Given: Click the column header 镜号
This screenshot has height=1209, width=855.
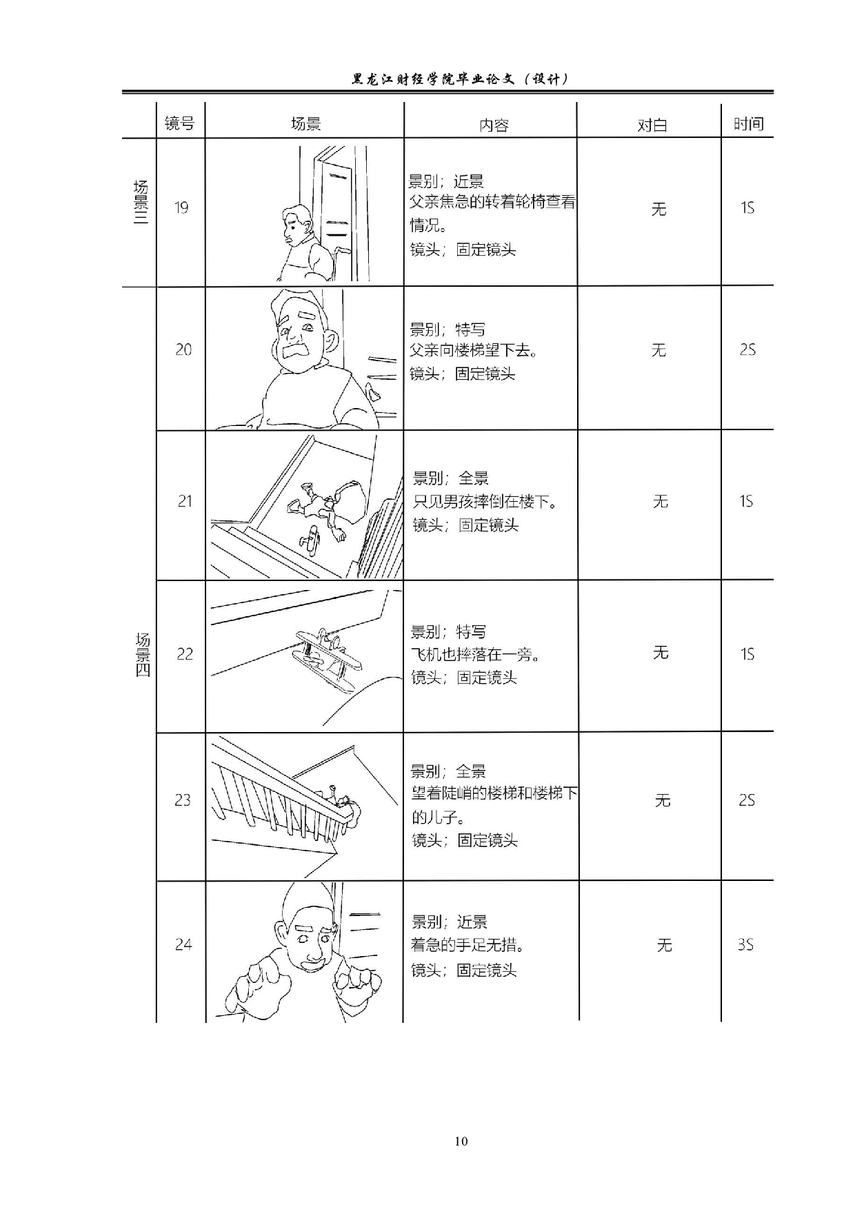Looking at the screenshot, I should pos(179,123).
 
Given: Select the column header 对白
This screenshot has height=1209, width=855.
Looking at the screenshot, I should pos(652,125).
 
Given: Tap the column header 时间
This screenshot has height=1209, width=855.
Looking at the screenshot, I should pos(748,123).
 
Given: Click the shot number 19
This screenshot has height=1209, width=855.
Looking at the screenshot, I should pos(181,207).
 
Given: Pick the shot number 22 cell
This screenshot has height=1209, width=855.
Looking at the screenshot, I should pos(184,653).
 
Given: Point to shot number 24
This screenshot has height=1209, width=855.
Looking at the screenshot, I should pos(183,944).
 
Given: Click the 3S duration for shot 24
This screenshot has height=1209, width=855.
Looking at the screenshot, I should pos(745,944).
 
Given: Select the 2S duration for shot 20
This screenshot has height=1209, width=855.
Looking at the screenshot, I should pos(747,349).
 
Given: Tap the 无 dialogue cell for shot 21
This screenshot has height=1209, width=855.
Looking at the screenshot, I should pos(660,501).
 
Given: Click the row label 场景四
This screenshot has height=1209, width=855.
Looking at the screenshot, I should pos(142,653).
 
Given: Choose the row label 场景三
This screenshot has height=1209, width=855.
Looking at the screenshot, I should pos(141,203).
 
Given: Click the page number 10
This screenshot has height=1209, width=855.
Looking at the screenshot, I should pos(461,1141).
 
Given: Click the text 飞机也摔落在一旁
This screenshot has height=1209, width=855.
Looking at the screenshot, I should pos(476,654).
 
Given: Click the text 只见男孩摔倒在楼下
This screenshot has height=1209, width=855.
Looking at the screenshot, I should pos(485,501).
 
